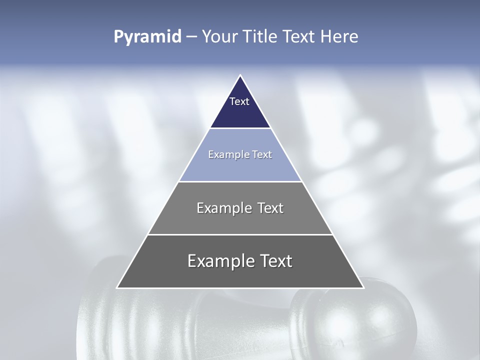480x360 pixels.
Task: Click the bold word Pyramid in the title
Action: [147, 37]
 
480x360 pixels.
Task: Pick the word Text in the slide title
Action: [299, 37]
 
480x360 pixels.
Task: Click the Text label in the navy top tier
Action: [239, 101]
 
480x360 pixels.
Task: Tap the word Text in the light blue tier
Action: [262, 154]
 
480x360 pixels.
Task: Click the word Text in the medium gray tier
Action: [270, 208]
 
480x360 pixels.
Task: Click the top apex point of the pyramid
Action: [240, 76]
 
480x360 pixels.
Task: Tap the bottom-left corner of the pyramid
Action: [117, 287]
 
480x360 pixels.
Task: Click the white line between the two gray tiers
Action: [240, 234]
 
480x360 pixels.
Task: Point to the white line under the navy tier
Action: [240, 128]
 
